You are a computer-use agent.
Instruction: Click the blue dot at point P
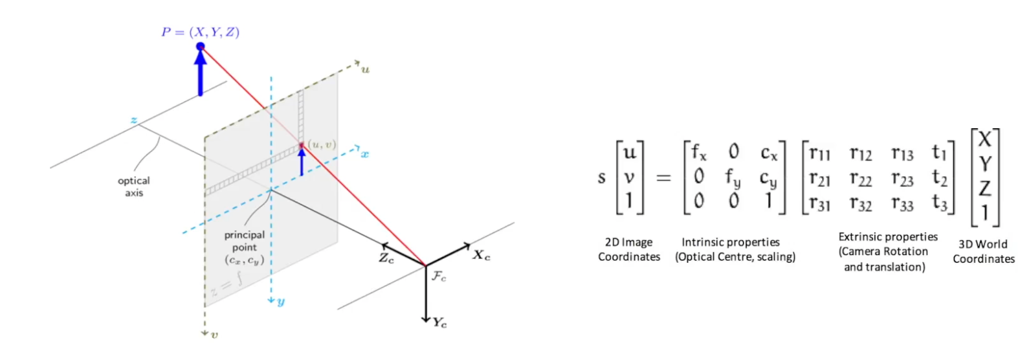point(201,47)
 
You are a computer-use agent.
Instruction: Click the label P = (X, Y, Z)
point(201,32)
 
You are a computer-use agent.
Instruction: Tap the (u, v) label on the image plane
point(322,144)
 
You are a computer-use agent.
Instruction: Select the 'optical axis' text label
point(134,186)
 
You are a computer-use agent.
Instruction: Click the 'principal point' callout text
point(245,241)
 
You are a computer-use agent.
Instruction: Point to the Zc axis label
point(386,258)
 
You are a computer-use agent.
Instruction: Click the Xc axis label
point(481,255)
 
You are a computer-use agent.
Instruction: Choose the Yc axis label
point(440,322)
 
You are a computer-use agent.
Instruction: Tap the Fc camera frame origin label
point(439,276)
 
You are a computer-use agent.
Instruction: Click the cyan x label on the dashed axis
point(365,154)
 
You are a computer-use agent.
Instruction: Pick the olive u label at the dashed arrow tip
point(365,69)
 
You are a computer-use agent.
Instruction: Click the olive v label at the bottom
point(214,335)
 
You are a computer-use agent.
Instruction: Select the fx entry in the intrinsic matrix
point(699,153)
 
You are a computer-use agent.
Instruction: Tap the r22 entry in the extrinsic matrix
point(861,179)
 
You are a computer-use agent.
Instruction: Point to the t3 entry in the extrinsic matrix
point(940,203)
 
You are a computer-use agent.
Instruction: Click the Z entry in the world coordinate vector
point(985,188)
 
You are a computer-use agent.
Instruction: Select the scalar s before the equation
point(602,177)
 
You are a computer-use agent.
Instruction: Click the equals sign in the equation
point(663,177)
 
